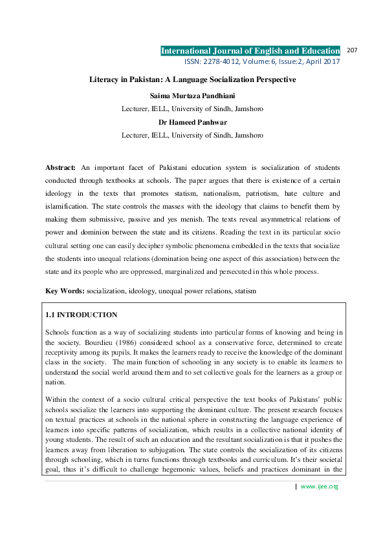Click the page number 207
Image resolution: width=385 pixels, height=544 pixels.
coord(353,50)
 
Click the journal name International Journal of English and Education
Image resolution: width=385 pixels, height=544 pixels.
coord(250,51)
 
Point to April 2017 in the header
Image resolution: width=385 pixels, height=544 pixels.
coord(322,62)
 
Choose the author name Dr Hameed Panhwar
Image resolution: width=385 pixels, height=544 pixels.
coord(192,121)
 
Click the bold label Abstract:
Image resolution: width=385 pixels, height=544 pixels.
coord(60,167)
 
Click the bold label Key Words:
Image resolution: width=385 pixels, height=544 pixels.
coord(65,291)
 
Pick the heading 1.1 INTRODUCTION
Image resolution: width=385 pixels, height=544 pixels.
coord(82,315)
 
